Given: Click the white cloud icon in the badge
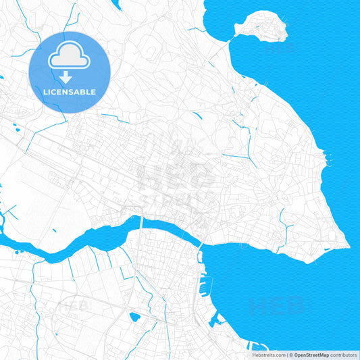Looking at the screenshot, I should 70,57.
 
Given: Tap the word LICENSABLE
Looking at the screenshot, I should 70,92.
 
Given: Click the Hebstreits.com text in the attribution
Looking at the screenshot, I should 268,355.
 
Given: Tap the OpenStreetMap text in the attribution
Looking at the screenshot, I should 311,355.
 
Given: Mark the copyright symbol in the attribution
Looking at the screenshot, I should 290,355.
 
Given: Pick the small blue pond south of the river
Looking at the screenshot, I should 134,316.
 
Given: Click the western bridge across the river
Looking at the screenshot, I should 141,224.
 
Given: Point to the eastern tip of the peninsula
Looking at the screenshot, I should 347,244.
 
